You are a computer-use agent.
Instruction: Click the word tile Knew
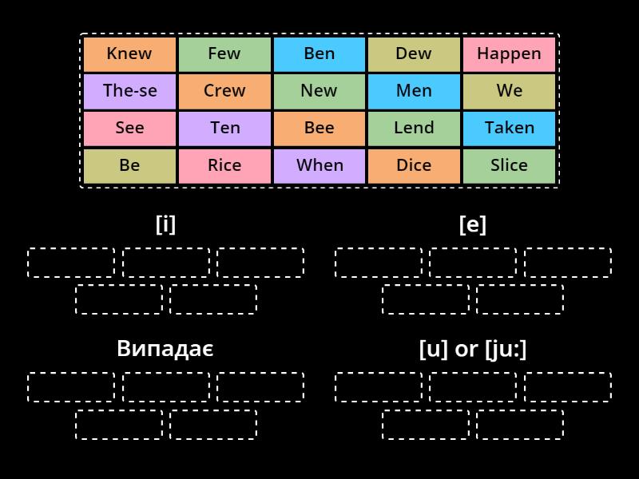pyautogui.click(x=129, y=54)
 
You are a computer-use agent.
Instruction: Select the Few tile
pyautogui.click(x=224, y=54)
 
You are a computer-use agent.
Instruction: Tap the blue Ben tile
pyautogui.click(x=319, y=54)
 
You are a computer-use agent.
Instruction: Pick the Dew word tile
pyautogui.click(x=414, y=54)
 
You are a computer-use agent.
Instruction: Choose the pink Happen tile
pyautogui.click(x=509, y=54)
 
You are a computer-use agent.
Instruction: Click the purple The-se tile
pyautogui.click(x=129, y=91)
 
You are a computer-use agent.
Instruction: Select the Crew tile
pyautogui.click(x=224, y=91)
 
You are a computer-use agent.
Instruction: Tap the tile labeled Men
pyautogui.click(x=414, y=91)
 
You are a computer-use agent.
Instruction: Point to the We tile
pyautogui.click(x=509, y=91)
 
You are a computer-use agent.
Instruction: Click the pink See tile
pyautogui.click(x=129, y=128)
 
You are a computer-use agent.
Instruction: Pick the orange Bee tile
pyautogui.click(x=319, y=128)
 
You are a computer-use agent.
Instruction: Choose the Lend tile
pyautogui.click(x=414, y=128)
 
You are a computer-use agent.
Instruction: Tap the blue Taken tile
pyautogui.click(x=509, y=128)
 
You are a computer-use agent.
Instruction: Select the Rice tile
pyautogui.click(x=224, y=165)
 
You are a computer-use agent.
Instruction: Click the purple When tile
pyautogui.click(x=319, y=165)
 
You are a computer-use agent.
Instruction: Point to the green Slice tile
pyautogui.click(x=509, y=165)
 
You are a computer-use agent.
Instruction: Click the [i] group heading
pyautogui.click(x=165, y=224)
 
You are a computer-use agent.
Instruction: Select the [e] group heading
pyautogui.click(x=473, y=224)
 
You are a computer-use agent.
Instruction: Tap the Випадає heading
pyautogui.click(x=165, y=349)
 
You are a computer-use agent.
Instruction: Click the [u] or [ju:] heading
pyautogui.click(x=473, y=349)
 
